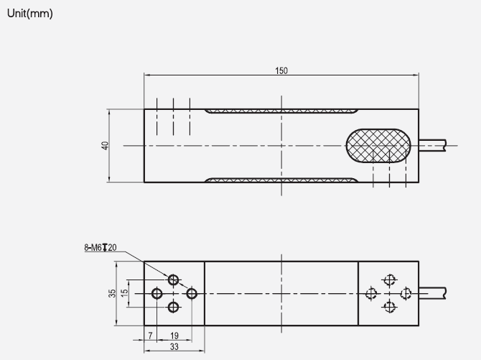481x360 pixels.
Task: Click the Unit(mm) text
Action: tap(29, 14)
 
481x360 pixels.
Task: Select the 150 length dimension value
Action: tap(281, 70)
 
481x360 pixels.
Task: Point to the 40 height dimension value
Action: tap(105, 145)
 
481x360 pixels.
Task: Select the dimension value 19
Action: tap(174, 336)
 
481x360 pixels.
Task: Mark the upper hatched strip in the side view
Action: tap(281, 111)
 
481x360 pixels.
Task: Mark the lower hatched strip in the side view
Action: tap(281, 180)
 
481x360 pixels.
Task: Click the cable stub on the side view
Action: tap(433, 145)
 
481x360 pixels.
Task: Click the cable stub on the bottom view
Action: tap(433, 293)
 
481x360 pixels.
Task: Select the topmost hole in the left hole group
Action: tap(174, 279)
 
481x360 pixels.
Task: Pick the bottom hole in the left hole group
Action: tap(174, 308)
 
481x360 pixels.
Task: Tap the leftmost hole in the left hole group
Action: tap(157, 293)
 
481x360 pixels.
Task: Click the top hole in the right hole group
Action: tap(389, 280)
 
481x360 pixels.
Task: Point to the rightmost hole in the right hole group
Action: tap(406, 293)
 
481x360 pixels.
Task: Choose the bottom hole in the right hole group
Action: tap(389, 308)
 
